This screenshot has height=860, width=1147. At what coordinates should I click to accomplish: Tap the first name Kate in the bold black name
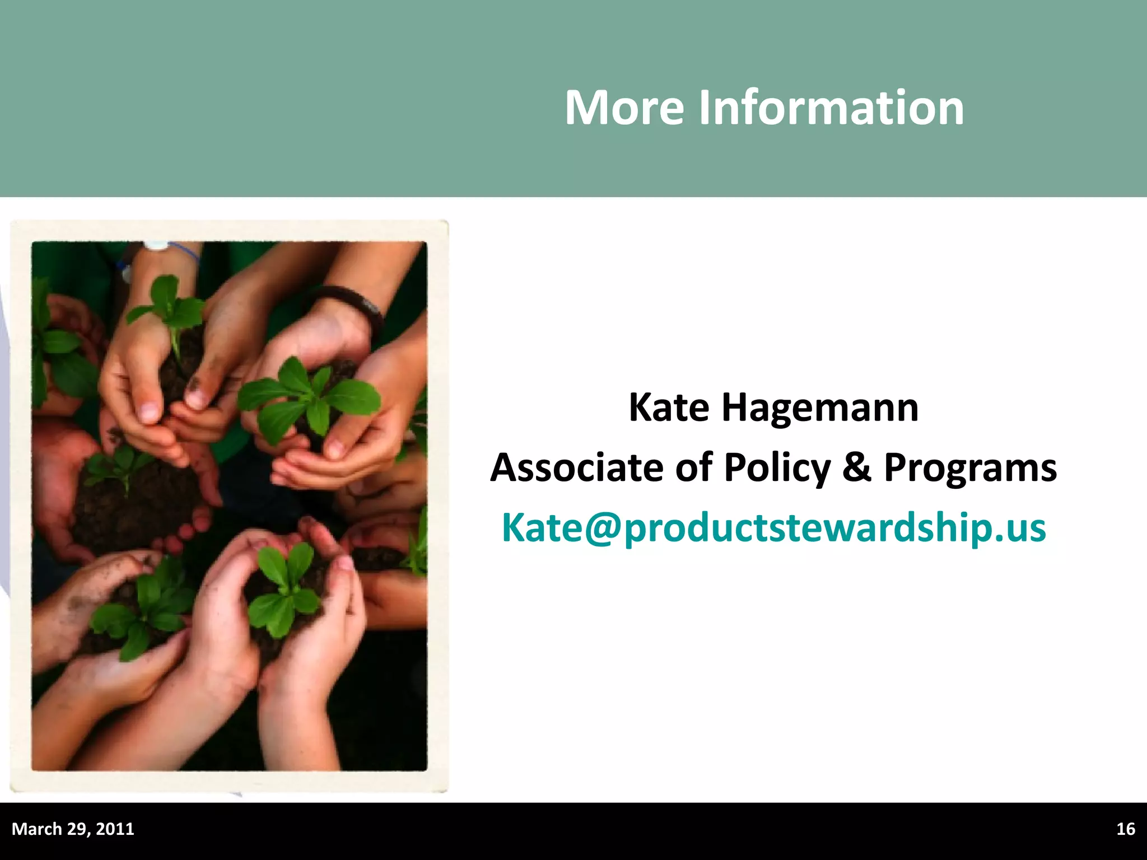click(x=669, y=408)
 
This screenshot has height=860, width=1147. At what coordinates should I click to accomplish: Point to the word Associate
click(x=576, y=468)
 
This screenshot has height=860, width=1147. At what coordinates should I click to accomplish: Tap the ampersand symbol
click(x=857, y=468)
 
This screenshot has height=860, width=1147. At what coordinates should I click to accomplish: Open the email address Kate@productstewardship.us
click(x=773, y=528)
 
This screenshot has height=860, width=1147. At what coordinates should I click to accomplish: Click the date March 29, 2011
click(x=73, y=829)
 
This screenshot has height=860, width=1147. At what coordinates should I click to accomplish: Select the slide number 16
click(x=1125, y=829)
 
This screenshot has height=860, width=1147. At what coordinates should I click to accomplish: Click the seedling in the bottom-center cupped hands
click(x=286, y=593)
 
